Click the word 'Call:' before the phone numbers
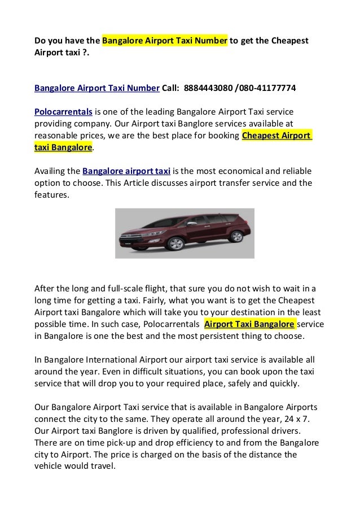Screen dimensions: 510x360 [x=172, y=88]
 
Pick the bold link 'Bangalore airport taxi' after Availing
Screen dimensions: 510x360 [x=126, y=171]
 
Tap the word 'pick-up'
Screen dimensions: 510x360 [x=127, y=444]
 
